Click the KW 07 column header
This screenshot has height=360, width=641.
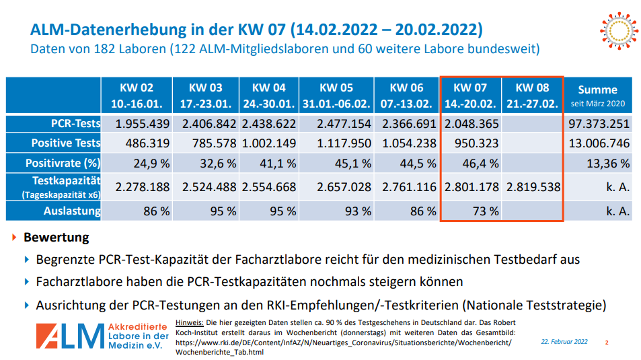[x=470, y=96]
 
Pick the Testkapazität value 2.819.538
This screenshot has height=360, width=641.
[x=533, y=188]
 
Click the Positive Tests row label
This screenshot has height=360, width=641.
[x=65, y=143]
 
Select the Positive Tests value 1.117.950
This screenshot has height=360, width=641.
[x=344, y=143]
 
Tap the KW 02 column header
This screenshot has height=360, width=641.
[x=137, y=96]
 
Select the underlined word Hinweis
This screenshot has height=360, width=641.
[x=189, y=323]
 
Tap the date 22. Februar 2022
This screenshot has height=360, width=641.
[x=564, y=342]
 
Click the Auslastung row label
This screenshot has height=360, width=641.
[x=73, y=211]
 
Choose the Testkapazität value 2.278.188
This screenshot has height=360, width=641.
[x=141, y=188]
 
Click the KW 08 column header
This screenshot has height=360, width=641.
[x=533, y=96]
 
